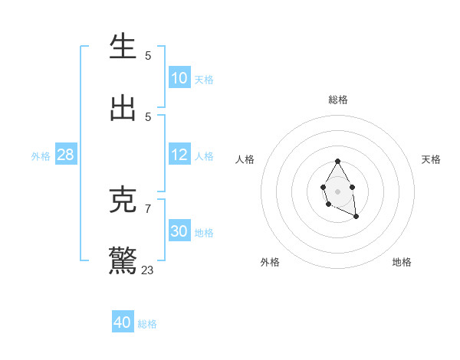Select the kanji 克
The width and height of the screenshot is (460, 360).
pyautogui.click(x=123, y=199)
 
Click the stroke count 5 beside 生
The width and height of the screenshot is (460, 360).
pyautogui.click(x=148, y=55)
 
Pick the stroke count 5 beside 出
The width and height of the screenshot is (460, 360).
pyautogui.click(x=148, y=116)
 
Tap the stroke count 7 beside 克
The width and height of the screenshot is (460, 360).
pyautogui.click(x=148, y=208)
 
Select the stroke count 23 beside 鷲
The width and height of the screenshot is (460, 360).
pyautogui.click(x=148, y=270)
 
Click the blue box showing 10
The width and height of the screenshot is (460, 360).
pyautogui.click(x=179, y=78)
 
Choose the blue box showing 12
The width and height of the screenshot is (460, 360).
pyautogui.click(x=179, y=155)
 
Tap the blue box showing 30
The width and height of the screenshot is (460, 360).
pyautogui.click(x=179, y=231)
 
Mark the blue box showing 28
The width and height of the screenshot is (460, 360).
pyautogui.click(x=66, y=155)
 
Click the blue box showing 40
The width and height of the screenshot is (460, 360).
pyautogui.click(x=123, y=322)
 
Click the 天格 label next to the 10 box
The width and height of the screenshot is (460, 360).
pyautogui.click(x=204, y=80)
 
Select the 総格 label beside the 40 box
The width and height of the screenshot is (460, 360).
pyautogui.click(x=147, y=324)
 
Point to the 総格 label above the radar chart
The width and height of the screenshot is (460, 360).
pyautogui.click(x=338, y=100)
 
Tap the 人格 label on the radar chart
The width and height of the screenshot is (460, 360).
pyautogui.click(x=245, y=159)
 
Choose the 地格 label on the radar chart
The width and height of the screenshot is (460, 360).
pyautogui.click(x=402, y=262)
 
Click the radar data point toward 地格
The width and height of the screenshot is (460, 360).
pyautogui.click(x=356, y=218)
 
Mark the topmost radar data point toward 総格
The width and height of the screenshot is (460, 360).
pyautogui.click(x=337, y=161)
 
